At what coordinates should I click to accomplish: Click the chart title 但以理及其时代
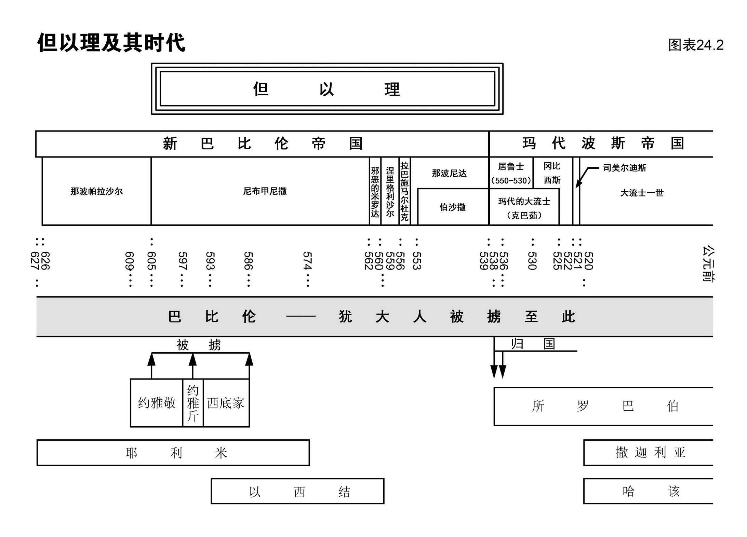pyautogui.click(x=111, y=43)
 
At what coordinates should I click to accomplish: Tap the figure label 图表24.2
pyautogui.click(x=695, y=45)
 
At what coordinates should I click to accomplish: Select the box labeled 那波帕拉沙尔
pyautogui.click(x=96, y=191)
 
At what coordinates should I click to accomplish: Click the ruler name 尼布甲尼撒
pyautogui.click(x=265, y=191)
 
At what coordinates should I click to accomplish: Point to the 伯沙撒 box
pyautogui.click(x=452, y=207)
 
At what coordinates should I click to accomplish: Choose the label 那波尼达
pyautogui.click(x=449, y=174)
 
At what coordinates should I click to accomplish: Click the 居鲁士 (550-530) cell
pyautogui.click(x=511, y=173)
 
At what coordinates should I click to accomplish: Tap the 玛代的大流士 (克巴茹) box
pyautogui.click(x=524, y=208)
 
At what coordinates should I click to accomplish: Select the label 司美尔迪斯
pyautogui.click(x=624, y=168)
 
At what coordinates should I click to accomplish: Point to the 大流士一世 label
pyautogui.click(x=642, y=193)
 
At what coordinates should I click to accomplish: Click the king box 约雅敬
pyautogui.click(x=157, y=403)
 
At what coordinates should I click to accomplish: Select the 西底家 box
pyautogui.click(x=226, y=403)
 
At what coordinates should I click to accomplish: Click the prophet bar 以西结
pyautogui.click(x=297, y=491)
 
